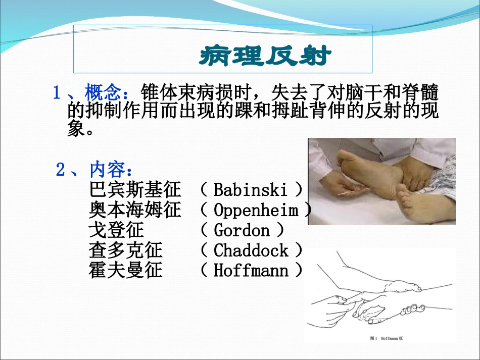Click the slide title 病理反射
pos(264,57)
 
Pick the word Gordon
pos(242,230)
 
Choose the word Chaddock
pos(251,250)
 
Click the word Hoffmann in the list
pos(251,271)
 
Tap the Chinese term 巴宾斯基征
pos(135,190)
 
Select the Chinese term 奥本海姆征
pos(135,210)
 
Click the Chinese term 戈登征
pos(116,230)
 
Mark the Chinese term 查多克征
pos(126,250)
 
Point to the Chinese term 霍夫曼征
pos(126,271)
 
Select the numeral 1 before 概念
pos(58,93)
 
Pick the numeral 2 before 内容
pos(61,170)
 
